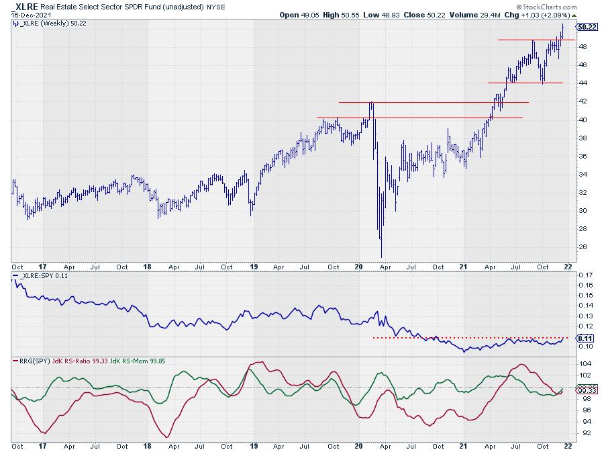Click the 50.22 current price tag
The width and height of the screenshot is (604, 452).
coord(587,27)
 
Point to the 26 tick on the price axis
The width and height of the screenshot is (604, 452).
coord(583,247)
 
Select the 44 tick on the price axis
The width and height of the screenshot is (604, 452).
coord(583,83)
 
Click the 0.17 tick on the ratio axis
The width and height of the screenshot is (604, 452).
coord(585,275)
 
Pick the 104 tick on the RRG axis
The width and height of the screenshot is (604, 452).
coord(584,363)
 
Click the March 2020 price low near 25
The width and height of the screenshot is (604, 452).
coord(381,256)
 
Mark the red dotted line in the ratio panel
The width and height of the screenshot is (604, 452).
coord(470,337)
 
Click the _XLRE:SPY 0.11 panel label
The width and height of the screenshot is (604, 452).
coord(41,276)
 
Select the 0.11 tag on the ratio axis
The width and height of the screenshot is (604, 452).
coord(586,338)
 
